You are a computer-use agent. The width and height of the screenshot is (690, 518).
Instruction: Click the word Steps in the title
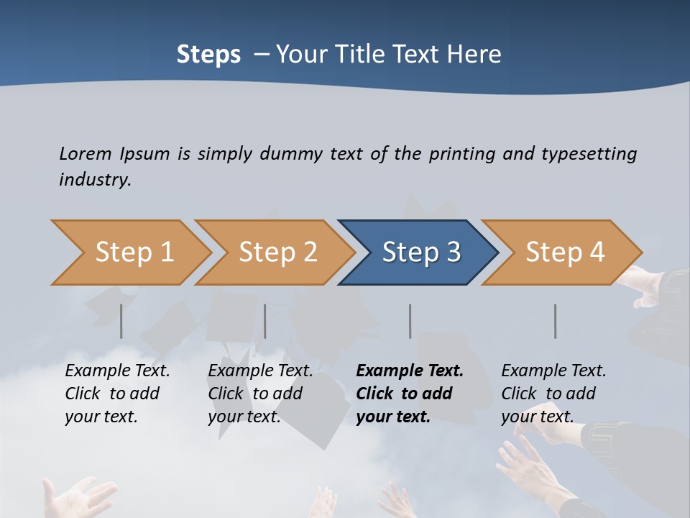[208, 54]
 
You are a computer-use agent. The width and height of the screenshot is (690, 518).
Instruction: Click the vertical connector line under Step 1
[121, 321]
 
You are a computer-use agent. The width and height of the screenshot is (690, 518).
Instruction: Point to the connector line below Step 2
[265, 321]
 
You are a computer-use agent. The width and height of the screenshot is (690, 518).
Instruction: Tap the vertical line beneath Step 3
[410, 321]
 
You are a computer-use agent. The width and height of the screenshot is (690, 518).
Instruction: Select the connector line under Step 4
[556, 321]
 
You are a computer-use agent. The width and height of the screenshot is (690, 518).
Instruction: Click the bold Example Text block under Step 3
[410, 394]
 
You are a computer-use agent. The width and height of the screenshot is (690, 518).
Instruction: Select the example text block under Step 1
[117, 394]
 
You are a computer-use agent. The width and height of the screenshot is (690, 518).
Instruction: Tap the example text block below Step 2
[260, 394]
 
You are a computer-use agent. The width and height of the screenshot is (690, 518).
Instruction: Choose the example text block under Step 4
[553, 394]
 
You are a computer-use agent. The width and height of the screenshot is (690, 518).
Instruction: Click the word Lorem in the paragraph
[86, 153]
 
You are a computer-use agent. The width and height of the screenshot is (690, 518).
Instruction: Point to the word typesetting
[589, 154]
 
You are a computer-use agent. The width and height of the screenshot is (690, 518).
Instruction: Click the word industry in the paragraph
[95, 179]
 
